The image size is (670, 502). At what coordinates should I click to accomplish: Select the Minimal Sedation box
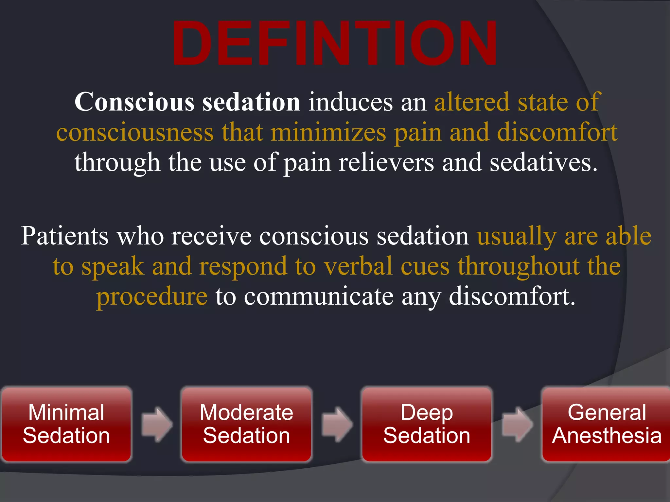click(x=66, y=424)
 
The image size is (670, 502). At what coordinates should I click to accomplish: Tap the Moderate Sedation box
click(x=246, y=424)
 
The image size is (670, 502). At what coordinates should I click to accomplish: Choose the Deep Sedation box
click(x=427, y=424)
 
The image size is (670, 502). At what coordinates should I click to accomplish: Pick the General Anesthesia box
click(x=606, y=424)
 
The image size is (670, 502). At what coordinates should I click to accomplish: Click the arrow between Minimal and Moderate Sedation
click(x=157, y=425)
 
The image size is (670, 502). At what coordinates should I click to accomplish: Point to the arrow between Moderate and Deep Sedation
click(x=337, y=425)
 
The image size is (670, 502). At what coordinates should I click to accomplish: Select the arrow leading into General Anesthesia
click(x=517, y=425)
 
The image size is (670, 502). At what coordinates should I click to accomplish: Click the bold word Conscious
click(x=134, y=102)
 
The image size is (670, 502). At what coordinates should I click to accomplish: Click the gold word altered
click(x=471, y=102)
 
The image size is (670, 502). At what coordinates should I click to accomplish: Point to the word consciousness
click(x=135, y=132)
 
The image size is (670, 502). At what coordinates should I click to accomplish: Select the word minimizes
click(x=328, y=132)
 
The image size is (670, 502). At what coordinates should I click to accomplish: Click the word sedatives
click(x=543, y=162)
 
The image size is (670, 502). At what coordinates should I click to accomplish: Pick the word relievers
click(x=386, y=162)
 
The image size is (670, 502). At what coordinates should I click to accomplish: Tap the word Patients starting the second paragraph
click(x=65, y=236)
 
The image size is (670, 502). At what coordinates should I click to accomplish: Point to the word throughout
click(x=519, y=266)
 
